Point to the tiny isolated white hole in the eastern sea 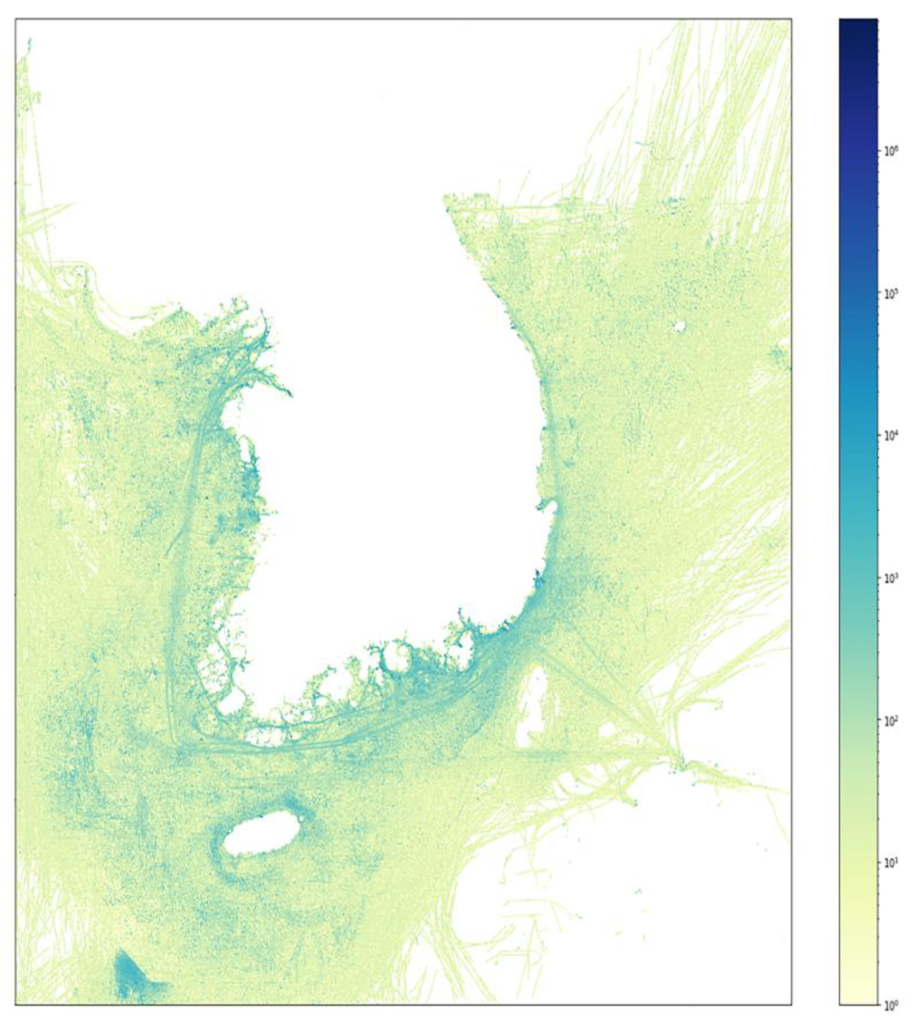(679, 326)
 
